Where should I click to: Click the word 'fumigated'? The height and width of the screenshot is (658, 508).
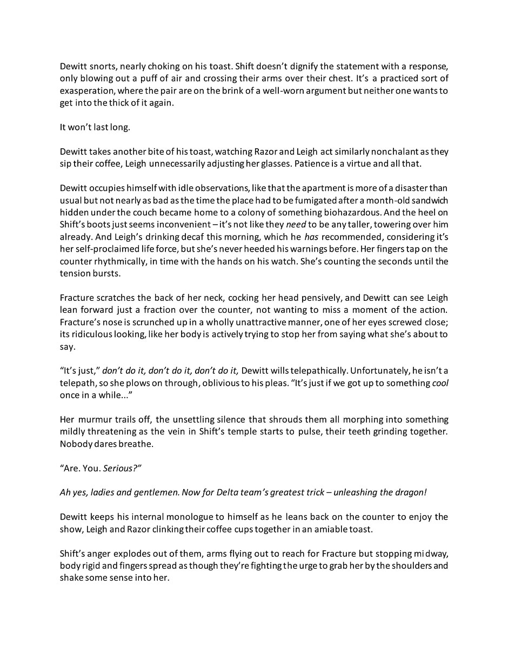point(327,200)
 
